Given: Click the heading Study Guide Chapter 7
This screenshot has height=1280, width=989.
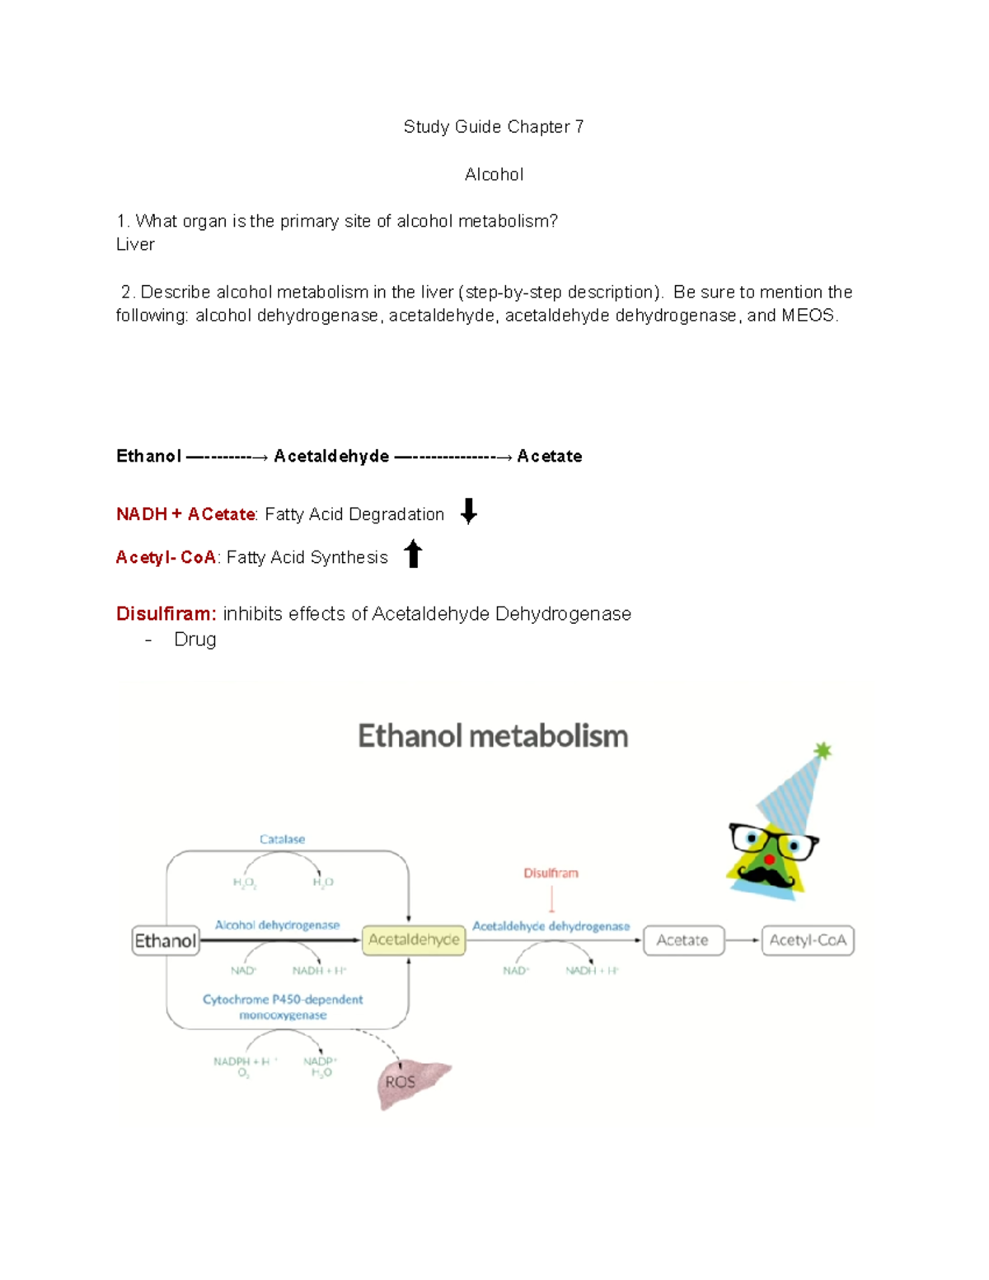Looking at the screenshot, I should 493,127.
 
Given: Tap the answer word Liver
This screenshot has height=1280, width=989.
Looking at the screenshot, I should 135,245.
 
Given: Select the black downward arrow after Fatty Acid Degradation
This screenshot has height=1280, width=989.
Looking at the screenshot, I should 468,512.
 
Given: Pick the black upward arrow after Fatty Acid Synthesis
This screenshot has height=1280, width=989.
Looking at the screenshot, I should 413,554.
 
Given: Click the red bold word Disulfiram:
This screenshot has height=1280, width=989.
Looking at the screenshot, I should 166,614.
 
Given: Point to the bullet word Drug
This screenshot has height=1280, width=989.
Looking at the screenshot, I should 195,640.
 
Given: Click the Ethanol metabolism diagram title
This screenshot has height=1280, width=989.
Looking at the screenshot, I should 493,736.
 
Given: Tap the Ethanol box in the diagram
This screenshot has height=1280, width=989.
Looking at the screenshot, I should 166,940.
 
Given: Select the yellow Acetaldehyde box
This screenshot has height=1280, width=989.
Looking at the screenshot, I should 414,940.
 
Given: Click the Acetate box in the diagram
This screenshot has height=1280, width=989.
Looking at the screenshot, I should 682,940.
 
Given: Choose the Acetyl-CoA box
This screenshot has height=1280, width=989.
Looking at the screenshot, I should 808,940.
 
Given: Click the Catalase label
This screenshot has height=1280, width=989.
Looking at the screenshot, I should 282,839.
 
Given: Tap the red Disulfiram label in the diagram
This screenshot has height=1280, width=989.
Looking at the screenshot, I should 551,873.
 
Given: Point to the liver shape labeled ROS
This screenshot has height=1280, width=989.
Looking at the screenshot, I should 410,1081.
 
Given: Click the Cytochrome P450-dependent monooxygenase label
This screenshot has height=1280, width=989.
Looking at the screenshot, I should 283,1006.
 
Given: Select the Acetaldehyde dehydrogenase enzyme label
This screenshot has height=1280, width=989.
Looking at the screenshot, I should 551,926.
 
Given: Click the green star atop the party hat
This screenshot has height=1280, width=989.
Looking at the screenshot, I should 823,750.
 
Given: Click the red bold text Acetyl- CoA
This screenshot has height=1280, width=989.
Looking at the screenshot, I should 166,558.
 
